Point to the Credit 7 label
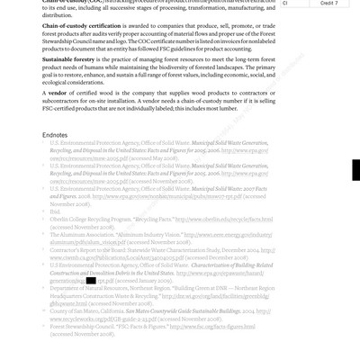coord(329,4)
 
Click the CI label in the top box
coord(285,4)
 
